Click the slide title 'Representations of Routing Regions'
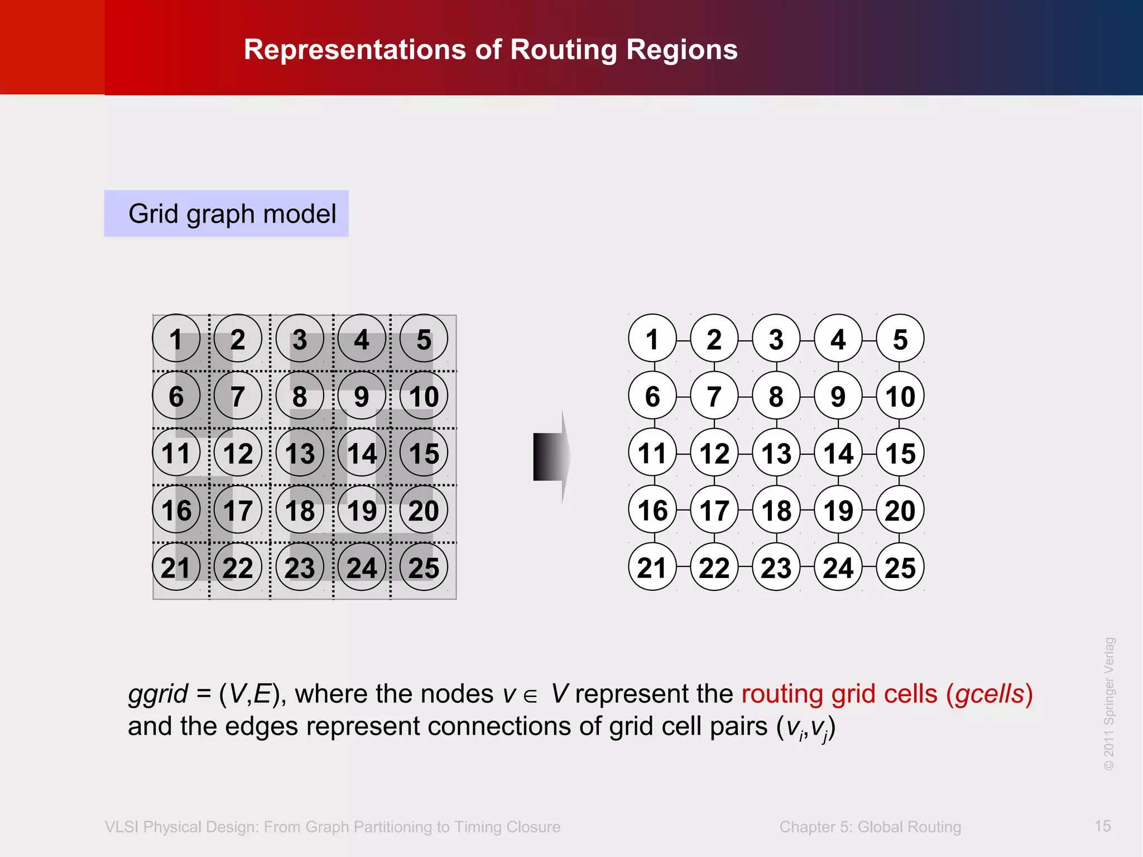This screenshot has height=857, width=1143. point(491,50)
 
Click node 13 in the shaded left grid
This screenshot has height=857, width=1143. point(300,452)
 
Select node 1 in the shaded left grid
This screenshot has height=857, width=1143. point(176,339)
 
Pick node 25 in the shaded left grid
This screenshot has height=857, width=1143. point(424,567)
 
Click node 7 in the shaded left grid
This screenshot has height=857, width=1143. point(238,396)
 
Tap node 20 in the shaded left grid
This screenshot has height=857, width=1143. point(424,510)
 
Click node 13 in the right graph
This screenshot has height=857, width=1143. point(776,452)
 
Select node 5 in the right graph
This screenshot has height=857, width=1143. point(900,339)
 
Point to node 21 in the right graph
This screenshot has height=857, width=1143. point(652,567)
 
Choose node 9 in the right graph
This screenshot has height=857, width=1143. point(838,396)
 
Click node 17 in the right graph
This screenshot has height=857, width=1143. point(714,510)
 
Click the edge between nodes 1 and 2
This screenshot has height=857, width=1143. point(683,339)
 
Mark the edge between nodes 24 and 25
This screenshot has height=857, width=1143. point(869,567)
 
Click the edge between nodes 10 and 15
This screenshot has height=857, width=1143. point(900,425)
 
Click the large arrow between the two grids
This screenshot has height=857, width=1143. point(551,456)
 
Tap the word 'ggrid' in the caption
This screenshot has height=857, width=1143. point(158,694)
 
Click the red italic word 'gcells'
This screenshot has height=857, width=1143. point(990,694)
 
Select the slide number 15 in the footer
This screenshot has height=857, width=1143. point(1102,826)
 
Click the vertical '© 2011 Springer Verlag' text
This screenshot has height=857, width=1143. point(1109,704)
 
